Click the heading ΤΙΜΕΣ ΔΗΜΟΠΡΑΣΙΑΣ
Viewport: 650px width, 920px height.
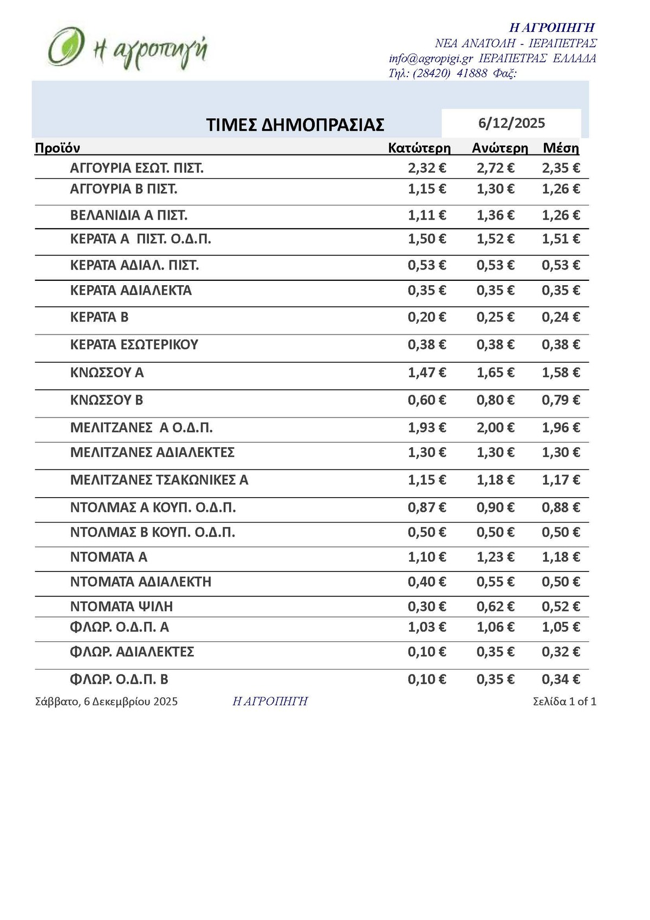[x=295, y=125]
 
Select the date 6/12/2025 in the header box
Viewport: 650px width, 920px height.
[x=511, y=123]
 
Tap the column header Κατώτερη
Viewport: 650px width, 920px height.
[x=419, y=148]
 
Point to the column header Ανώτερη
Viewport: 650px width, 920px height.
[x=499, y=148]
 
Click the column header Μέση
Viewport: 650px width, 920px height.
[x=561, y=148]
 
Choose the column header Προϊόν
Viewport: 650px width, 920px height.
[x=57, y=148]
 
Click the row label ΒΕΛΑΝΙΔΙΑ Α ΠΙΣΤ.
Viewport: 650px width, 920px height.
[x=129, y=216]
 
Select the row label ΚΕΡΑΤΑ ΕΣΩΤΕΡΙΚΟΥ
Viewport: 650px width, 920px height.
[x=134, y=345]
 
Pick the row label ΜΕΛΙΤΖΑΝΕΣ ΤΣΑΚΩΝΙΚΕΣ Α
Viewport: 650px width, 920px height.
[x=159, y=480]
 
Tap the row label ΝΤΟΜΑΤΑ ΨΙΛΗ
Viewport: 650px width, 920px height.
[x=122, y=606]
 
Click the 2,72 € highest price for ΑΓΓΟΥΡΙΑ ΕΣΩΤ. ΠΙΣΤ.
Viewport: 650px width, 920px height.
[x=495, y=168]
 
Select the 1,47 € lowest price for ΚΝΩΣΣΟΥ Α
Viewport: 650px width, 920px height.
[x=427, y=372]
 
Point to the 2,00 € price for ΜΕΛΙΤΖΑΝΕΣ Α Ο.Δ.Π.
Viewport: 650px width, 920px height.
[x=495, y=428]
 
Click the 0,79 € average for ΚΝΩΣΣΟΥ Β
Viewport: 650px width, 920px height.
[x=561, y=400]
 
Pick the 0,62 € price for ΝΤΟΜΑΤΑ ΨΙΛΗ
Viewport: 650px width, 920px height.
[x=495, y=606]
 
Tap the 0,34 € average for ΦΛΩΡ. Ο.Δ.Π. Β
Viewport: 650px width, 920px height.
[x=561, y=679]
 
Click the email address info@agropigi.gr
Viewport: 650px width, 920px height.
[x=431, y=59]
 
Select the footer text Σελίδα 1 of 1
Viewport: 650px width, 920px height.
[x=564, y=702]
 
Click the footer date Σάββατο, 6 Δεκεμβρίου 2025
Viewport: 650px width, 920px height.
[x=106, y=702]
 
